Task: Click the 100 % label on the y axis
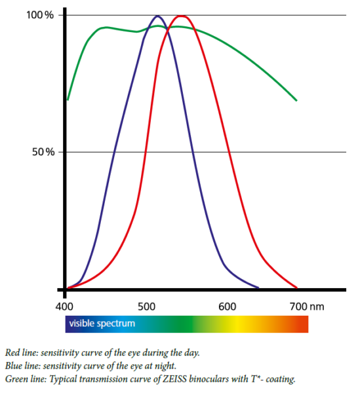pos(40,15)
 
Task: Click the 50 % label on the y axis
pos(43,152)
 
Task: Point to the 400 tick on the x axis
pos(64,307)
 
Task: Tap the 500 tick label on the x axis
pos(146,307)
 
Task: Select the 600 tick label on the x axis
pos(228,307)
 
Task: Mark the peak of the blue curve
pos(157,16)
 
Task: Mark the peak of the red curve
pos(181,16)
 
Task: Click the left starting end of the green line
pos(68,100)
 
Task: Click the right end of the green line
pos(296,100)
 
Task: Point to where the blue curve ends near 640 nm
pos(258,288)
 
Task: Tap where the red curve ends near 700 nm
pos(297,288)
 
